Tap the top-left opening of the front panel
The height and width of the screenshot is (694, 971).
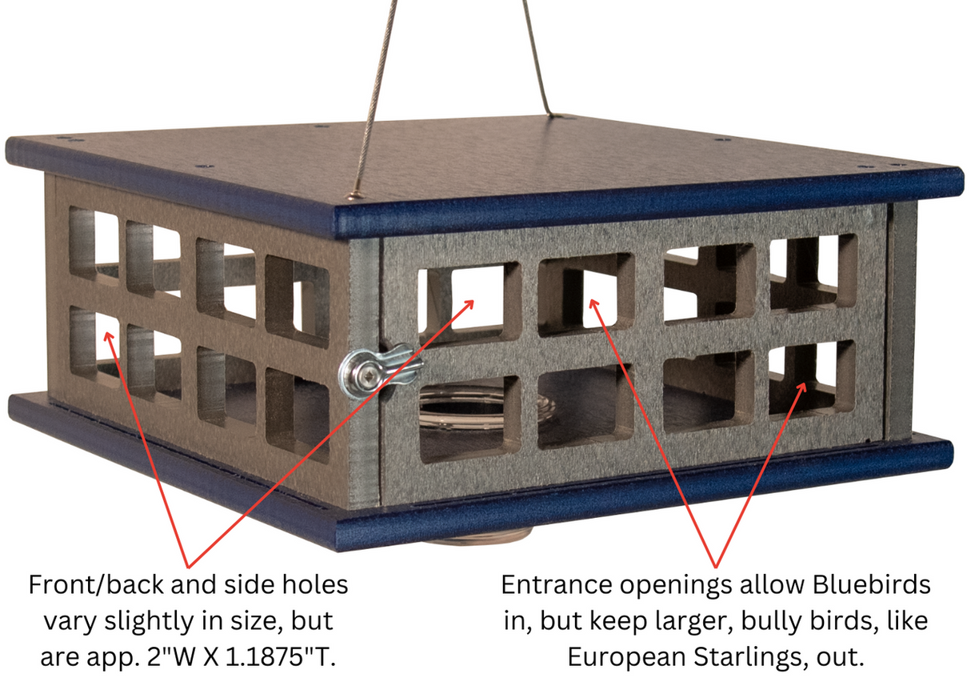pos(467,297)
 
